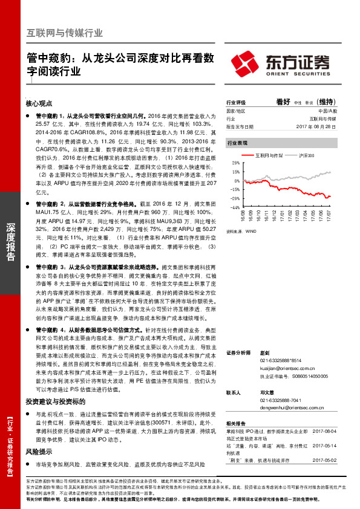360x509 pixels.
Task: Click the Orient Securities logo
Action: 281,63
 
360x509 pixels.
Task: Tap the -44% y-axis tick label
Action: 235,207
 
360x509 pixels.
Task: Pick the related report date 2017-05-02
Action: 327,461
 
